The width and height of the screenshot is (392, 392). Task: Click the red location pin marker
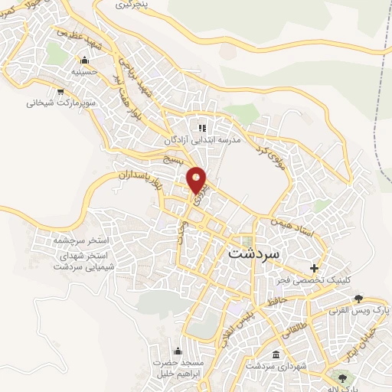pyautogui.click(x=198, y=180)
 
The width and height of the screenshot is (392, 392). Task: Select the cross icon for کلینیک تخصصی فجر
pyautogui.click(x=315, y=268)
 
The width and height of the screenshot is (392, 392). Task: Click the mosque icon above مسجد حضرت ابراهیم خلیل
pyautogui.click(x=185, y=351)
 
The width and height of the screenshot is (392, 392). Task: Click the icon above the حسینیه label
pyautogui.click(x=82, y=60)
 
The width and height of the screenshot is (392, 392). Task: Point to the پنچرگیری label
pyautogui.click(x=133, y=5)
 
